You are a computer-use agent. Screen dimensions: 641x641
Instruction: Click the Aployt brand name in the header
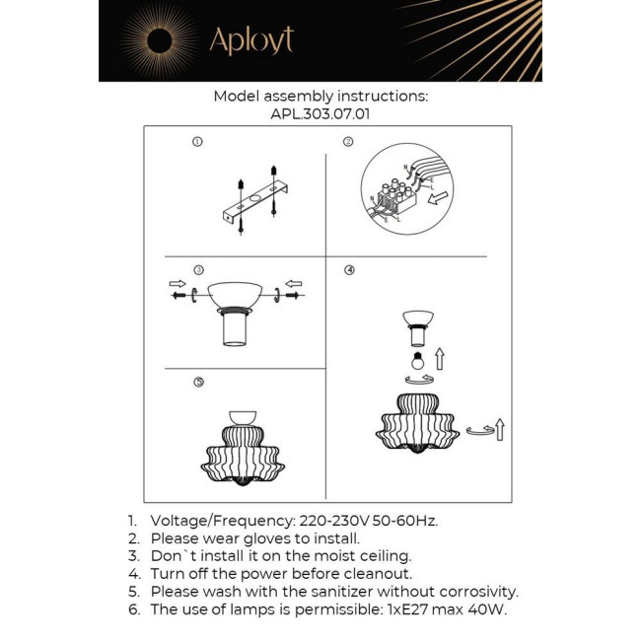(x=250, y=40)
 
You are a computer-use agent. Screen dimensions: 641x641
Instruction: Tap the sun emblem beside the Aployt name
(x=158, y=40)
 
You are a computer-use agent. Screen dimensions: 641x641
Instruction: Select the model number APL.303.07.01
(x=320, y=113)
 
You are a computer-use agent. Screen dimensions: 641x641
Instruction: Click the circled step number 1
(x=197, y=142)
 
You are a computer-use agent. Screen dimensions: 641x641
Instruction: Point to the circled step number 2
(x=348, y=142)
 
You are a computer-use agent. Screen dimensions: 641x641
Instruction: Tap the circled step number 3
(x=198, y=269)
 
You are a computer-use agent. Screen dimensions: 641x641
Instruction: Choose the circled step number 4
(x=349, y=269)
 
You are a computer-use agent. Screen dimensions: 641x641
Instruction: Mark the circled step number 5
(x=198, y=382)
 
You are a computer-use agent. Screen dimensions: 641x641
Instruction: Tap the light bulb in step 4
(x=417, y=359)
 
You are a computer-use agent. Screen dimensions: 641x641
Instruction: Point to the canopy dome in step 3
(x=234, y=293)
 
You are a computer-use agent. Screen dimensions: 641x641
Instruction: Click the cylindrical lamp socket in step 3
(x=234, y=327)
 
